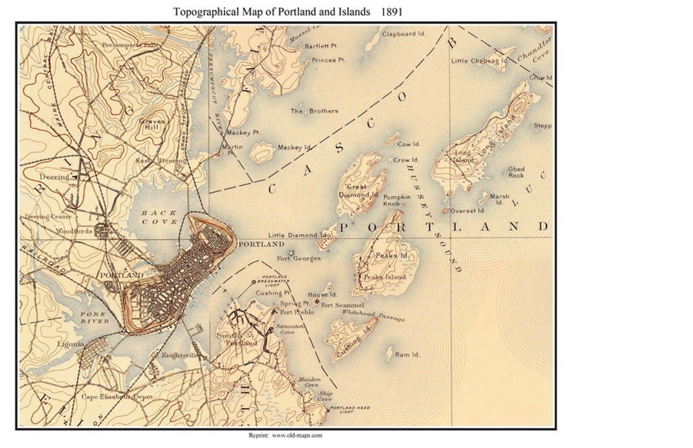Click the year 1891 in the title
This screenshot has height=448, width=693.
(391, 12)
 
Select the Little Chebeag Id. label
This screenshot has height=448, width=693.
(479, 61)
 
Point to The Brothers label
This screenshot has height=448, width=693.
(314, 111)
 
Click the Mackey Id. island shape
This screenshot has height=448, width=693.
(261, 152)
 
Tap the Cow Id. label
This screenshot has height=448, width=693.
(408, 144)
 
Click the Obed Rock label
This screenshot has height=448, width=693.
(516, 172)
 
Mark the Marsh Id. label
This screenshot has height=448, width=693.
(499, 199)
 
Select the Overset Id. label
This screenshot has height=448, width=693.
(467, 211)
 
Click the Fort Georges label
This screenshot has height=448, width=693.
(298, 258)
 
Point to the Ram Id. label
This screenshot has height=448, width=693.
(407, 354)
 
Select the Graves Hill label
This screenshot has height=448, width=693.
(152, 124)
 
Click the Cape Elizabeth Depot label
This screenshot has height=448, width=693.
(116, 397)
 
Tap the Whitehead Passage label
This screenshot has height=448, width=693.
(373, 315)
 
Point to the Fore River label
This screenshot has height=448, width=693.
(95, 317)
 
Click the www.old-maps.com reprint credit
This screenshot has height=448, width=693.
(286, 435)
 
